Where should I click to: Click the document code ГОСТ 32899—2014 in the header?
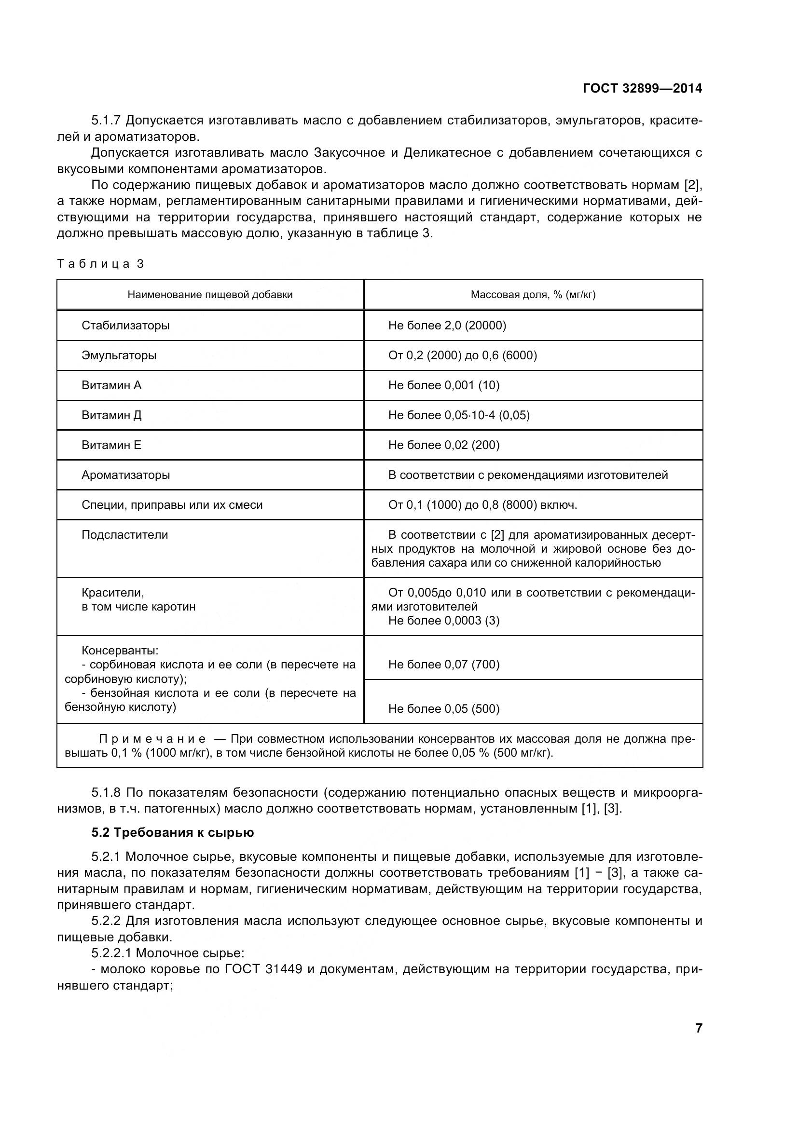[642, 88]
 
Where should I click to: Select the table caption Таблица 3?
[100, 264]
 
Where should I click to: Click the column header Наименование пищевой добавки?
[210, 295]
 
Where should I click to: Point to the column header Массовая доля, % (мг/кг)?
[533, 295]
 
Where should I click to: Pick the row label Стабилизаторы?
[125, 325]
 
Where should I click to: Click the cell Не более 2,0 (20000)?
[447, 325]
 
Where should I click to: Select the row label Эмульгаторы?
[119, 355]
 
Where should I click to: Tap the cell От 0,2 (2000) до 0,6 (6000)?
[462, 355]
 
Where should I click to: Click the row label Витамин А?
[111, 385]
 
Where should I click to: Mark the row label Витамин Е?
[111, 445]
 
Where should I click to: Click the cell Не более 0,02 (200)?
[444, 445]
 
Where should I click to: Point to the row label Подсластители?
[125, 534]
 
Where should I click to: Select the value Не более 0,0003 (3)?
[444, 621]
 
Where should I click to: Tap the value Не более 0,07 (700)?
[444, 664]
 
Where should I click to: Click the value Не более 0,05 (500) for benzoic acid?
[444, 708]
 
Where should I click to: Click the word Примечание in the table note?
[152, 739]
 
